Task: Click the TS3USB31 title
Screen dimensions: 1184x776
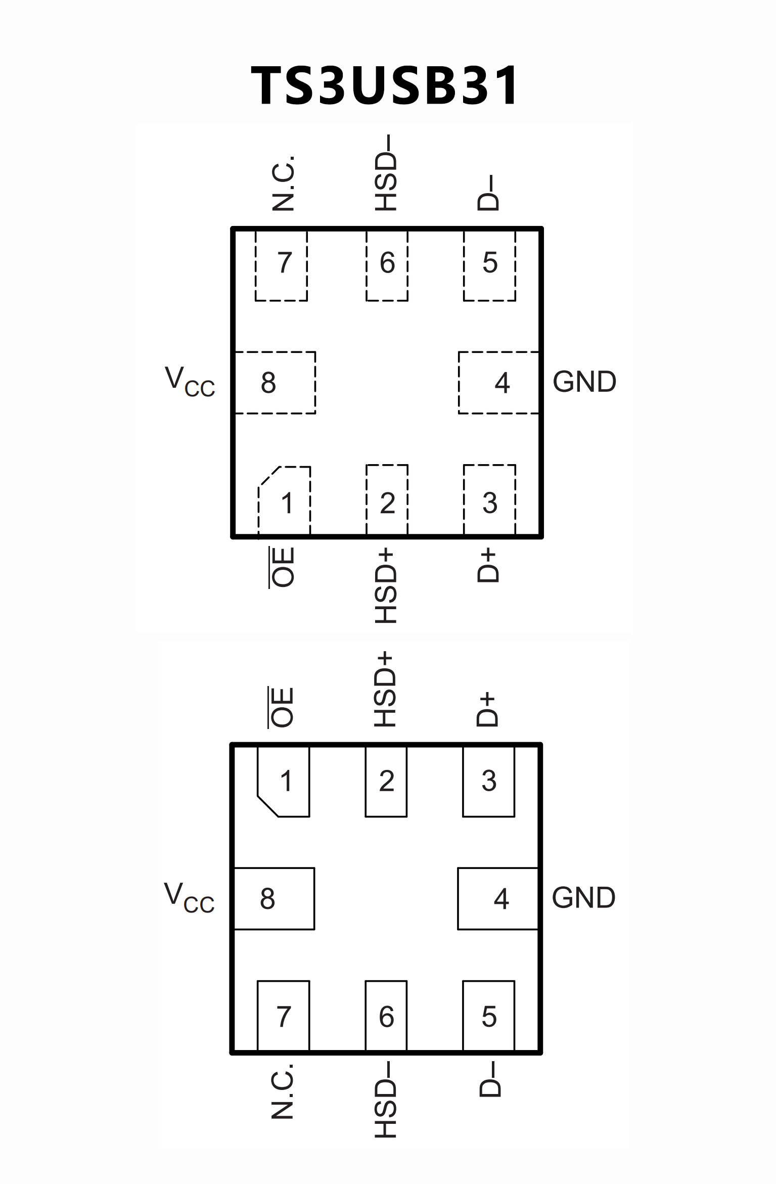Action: point(385,86)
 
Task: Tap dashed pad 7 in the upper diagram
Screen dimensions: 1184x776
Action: point(282,265)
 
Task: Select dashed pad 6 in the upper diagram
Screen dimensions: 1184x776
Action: point(387,265)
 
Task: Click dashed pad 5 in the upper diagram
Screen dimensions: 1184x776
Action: point(489,265)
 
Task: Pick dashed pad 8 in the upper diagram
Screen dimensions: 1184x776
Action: point(275,383)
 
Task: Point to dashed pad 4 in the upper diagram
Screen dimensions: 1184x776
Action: point(498,383)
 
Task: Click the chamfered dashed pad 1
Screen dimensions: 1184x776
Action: point(285,500)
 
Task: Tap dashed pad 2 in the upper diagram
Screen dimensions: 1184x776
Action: point(387,500)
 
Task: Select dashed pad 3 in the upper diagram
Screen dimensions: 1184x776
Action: point(489,500)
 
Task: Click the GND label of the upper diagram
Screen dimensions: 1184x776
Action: point(584,382)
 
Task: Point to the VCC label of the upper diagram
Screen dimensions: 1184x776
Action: point(190,382)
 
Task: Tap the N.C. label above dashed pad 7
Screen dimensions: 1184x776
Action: point(283,183)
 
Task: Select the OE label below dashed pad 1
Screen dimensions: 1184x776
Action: point(282,567)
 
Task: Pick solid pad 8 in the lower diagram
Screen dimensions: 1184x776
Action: point(273,898)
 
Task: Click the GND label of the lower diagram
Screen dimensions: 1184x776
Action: point(583,898)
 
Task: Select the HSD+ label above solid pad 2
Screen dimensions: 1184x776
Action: point(385,689)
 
